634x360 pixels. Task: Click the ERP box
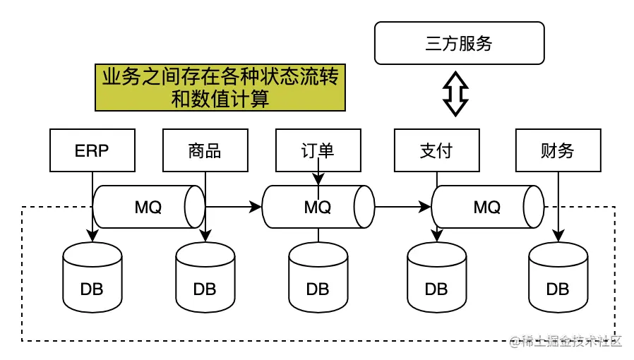coord(92,150)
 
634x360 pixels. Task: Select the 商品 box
coord(205,150)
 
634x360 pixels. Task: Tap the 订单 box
coord(318,150)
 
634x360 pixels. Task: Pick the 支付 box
coord(436,150)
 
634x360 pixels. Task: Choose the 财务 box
coord(558,150)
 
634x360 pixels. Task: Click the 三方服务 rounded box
coord(459,43)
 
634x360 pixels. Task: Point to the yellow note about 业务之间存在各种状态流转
coord(220,88)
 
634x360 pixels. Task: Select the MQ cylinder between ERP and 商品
coord(148,207)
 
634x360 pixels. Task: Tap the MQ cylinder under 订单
coord(318,207)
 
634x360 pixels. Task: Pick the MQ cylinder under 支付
coord(487,207)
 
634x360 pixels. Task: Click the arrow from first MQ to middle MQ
coord(233,207)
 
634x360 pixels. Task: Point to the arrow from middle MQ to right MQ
coord(402,207)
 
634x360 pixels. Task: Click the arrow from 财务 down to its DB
coord(559,205)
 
